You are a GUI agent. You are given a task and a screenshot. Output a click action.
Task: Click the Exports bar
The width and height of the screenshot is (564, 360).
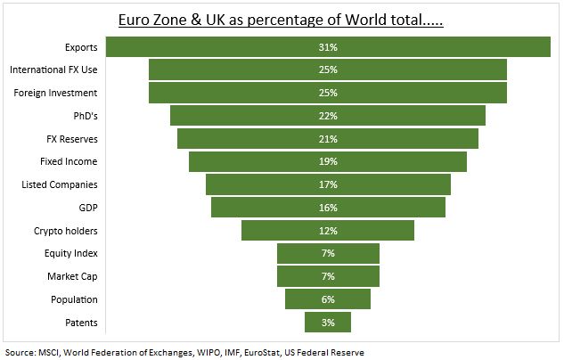tap(223, 47)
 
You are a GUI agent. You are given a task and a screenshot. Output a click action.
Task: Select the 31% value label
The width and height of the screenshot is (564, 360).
tap(328, 47)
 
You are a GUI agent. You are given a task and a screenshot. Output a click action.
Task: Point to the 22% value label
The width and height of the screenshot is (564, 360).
tap(328, 116)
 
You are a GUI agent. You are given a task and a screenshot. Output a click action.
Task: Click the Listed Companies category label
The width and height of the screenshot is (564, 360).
tap(60, 184)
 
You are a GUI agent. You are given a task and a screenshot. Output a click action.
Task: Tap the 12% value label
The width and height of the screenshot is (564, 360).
tap(328, 231)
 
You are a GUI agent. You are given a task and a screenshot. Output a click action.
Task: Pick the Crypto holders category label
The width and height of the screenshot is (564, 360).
tap(66, 231)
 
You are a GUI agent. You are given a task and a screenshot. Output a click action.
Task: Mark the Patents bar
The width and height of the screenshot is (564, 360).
tap(316, 323)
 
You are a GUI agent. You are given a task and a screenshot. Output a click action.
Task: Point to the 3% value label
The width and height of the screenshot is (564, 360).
tap(328, 323)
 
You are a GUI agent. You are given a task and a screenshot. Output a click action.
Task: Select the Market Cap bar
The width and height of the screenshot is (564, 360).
tap(303, 276)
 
